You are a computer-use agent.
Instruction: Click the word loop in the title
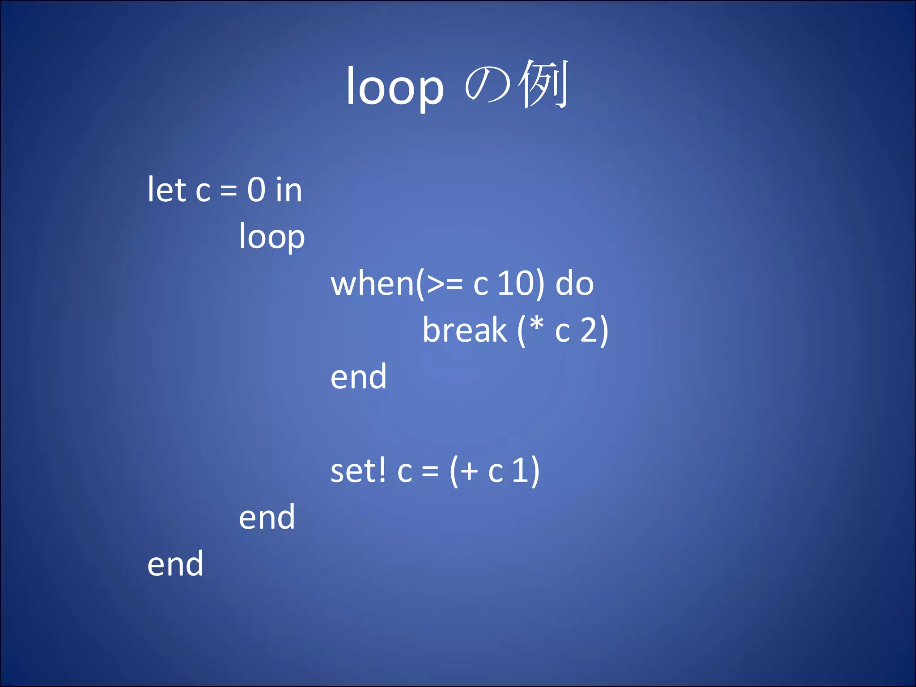pos(395,88)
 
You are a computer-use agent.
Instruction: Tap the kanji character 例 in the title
pos(544,84)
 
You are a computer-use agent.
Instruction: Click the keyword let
pos(166,190)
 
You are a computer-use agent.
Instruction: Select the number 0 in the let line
pos(257,190)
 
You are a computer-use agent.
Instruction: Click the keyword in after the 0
pos(289,190)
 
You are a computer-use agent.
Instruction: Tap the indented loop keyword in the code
pos(272,237)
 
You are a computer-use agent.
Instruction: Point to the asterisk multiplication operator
pos(537,324)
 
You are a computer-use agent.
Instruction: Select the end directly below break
pos(359,377)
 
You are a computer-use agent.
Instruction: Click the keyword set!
pos(358,471)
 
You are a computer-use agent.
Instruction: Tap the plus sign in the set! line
pos(470,471)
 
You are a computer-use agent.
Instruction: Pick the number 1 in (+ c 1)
pos(520,471)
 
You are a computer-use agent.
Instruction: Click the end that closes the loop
pos(267,517)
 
